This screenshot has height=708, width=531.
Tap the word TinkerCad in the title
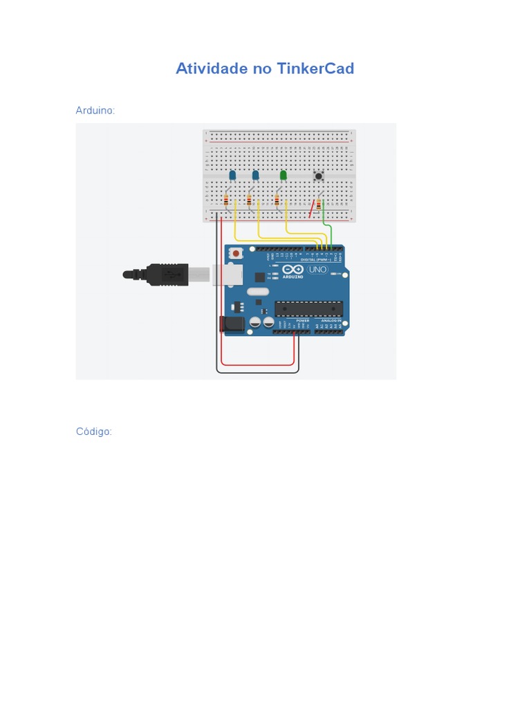tap(315, 68)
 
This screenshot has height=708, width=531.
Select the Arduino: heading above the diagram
tap(95, 111)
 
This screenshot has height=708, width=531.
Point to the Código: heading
tap(94, 431)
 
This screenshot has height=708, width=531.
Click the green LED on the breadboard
tap(283, 176)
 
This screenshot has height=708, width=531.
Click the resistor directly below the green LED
tap(277, 201)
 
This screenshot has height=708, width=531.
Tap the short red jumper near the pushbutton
tap(312, 208)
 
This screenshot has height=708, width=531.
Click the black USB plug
tap(167, 274)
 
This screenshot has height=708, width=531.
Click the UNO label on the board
tap(317, 269)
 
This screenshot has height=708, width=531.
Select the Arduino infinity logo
tap(293, 269)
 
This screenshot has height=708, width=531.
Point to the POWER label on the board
tap(302, 321)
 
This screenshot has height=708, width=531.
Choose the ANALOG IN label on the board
tap(330, 321)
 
